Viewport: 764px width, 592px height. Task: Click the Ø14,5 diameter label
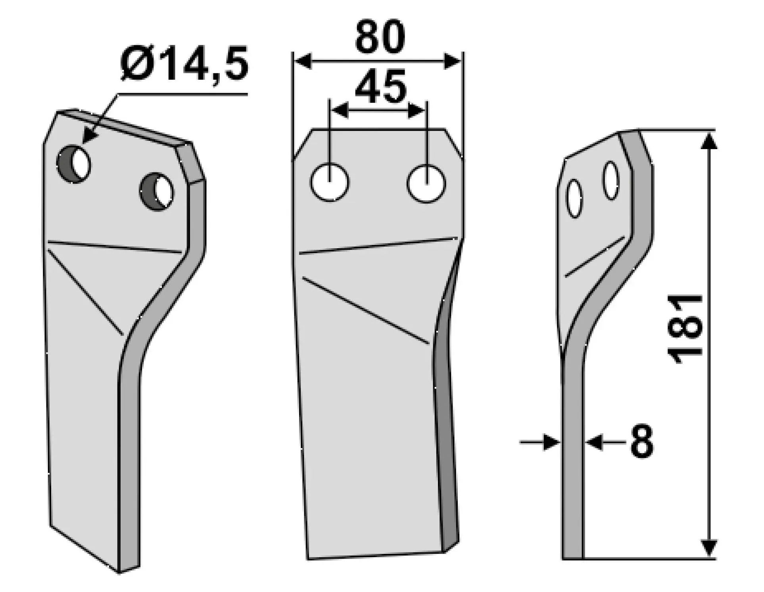pos(184,64)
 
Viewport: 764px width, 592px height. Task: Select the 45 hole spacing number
pos(380,86)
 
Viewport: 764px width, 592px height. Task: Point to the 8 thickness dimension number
pos(641,441)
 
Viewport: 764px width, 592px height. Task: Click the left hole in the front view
pos(330,182)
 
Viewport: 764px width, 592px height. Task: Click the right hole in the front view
pos(426,184)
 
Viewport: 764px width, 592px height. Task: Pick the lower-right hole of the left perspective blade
pos(156,192)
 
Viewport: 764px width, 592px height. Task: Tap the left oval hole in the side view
pos(575,199)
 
